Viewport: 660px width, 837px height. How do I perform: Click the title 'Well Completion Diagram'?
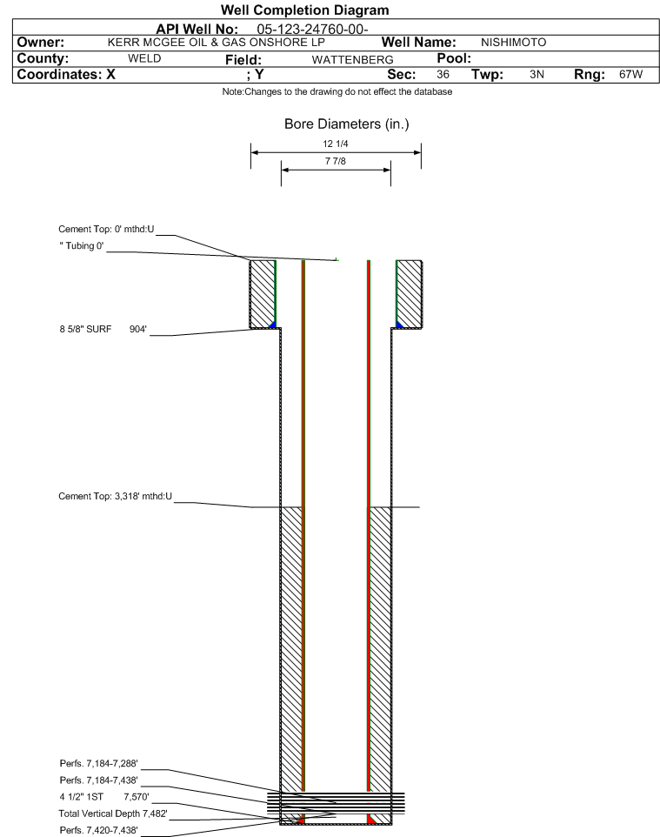(304, 10)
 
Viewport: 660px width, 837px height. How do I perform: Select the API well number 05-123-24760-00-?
(313, 30)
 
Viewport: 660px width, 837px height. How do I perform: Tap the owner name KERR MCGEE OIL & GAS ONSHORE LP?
(217, 43)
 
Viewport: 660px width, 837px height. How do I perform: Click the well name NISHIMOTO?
(513, 43)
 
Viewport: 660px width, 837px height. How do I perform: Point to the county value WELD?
(144, 58)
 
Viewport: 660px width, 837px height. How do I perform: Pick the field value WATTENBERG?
(353, 60)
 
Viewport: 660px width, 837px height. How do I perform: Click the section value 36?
(443, 74)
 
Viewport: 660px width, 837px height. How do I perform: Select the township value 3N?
(537, 74)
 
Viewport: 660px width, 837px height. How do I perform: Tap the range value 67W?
(630, 74)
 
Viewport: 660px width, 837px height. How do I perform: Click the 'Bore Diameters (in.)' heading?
(347, 124)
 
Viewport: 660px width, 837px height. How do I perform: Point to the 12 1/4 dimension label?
(336, 144)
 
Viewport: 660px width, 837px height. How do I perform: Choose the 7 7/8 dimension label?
(336, 161)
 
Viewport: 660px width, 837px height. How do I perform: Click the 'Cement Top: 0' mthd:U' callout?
(106, 230)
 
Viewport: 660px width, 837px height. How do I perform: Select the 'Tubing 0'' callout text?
(82, 246)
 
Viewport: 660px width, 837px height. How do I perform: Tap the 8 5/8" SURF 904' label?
(103, 330)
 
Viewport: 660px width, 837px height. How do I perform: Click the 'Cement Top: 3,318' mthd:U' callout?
(116, 497)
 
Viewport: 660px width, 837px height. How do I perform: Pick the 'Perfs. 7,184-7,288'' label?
(99, 764)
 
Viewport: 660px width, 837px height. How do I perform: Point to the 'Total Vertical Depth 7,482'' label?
(113, 814)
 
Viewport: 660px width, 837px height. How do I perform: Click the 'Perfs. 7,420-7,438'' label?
(99, 831)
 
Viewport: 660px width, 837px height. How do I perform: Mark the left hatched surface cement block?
(263, 294)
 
